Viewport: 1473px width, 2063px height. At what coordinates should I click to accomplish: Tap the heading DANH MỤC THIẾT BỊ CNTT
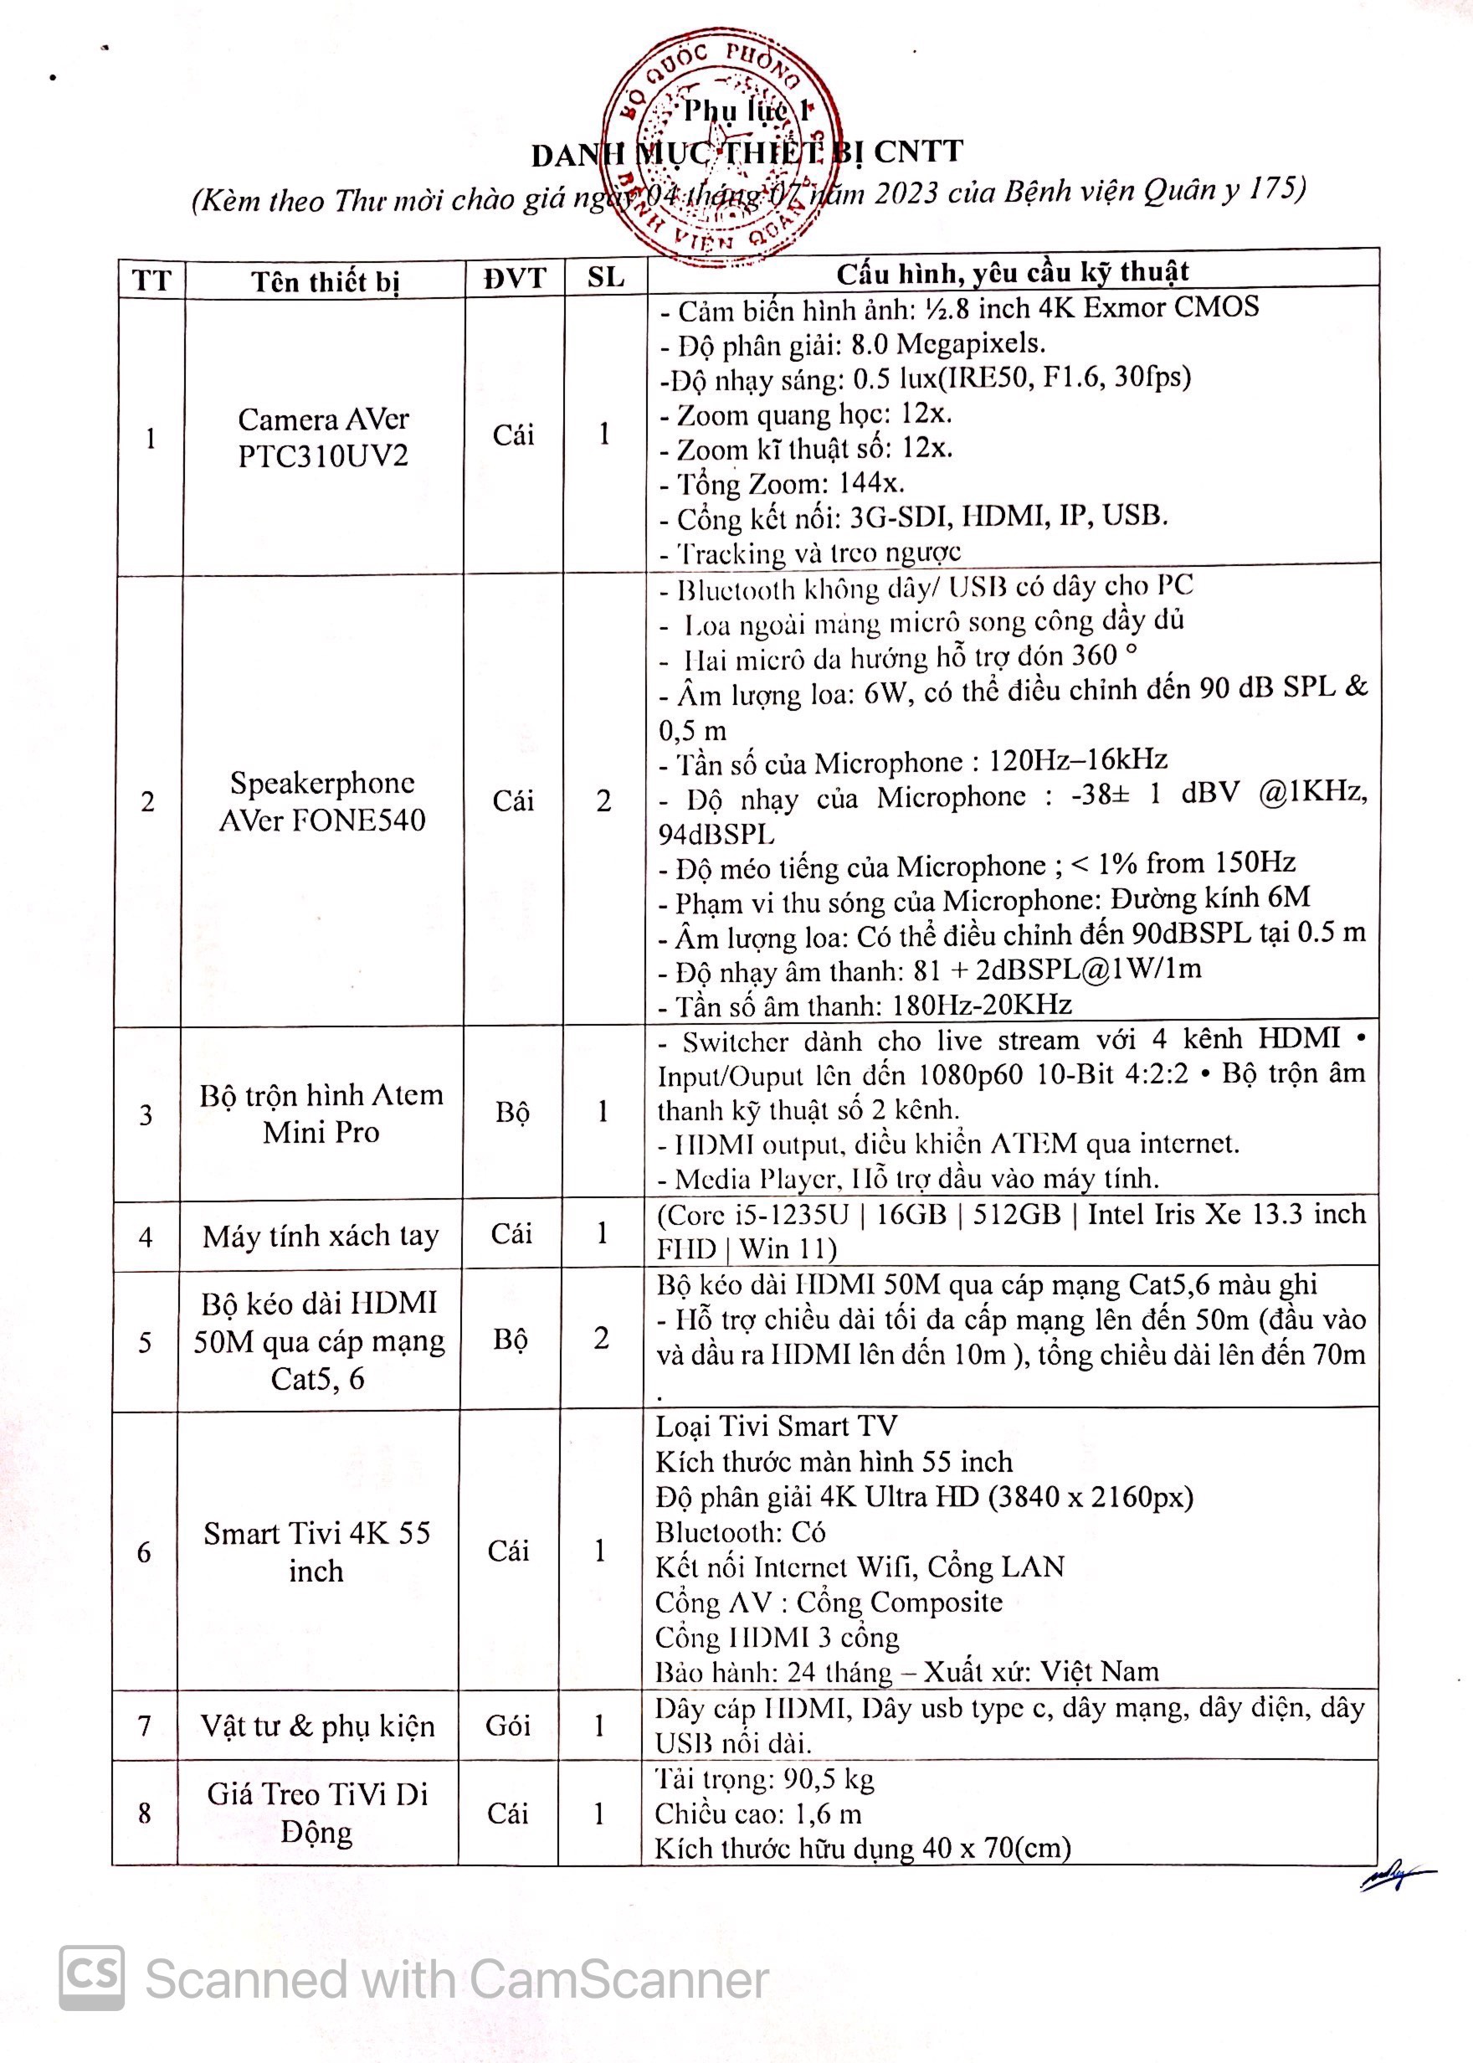[747, 153]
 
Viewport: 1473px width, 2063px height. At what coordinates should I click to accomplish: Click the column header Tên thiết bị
[325, 281]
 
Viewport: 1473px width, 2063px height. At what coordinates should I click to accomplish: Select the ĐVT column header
[514, 278]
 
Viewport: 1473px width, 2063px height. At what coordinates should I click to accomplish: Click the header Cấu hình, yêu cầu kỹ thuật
[1011, 271]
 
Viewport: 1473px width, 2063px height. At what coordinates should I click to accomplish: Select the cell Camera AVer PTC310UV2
[323, 436]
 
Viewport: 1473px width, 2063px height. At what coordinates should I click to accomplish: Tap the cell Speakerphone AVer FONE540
[322, 801]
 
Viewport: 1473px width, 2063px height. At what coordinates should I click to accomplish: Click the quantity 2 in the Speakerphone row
[603, 800]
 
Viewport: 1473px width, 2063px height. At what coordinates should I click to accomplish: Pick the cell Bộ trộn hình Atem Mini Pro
[321, 1114]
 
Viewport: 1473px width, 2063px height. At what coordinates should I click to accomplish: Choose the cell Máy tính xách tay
[321, 1236]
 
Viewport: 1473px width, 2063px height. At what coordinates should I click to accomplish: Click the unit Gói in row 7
[507, 1725]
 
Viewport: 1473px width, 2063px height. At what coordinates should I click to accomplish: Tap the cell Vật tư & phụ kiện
[317, 1726]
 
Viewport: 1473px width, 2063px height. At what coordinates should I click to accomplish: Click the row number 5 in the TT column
[145, 1342]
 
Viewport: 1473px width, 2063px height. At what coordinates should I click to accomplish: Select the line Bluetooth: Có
[740, 1532]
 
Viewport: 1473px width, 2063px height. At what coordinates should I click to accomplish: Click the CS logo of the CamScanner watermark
[91, 1978]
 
